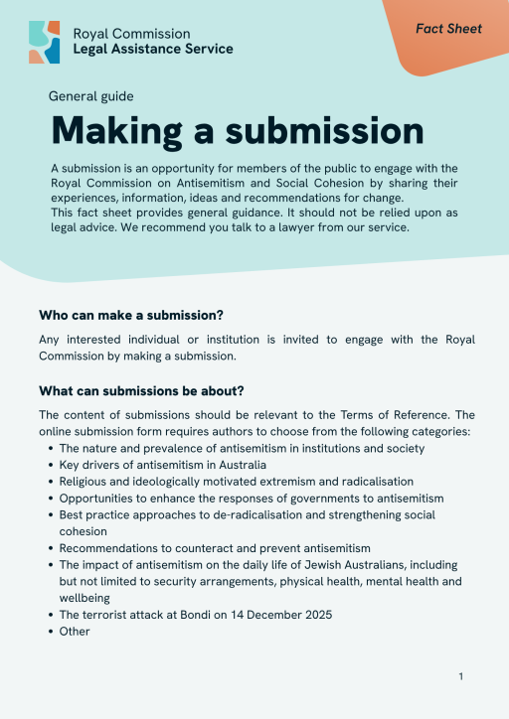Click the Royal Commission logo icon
click(x=44, y=42)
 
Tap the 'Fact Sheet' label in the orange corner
click(x=448, y=29)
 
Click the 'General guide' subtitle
click(x=90, y=96)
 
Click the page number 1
click(x=461, y=676)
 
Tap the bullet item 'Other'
click(x=75, y=631)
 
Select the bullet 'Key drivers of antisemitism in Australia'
click(x=162, y=465)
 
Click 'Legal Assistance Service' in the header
click(x=153, y=49)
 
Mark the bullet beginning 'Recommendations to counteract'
click(x=214, y=547)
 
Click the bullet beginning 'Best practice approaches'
click(x=247, y=514)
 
